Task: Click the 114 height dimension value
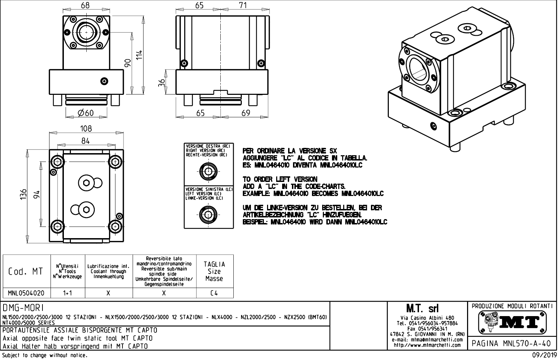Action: coord(139,54)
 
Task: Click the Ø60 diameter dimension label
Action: coord(86,113)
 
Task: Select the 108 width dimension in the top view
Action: coord(86,129)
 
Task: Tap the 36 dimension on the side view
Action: coord(162,83)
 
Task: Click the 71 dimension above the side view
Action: coord(242,5)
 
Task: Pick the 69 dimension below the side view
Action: coord(246,113)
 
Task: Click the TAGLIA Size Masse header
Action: coord(214,271)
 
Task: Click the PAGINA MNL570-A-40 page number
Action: coord(512,343)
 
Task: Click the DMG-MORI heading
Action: coord(23,308)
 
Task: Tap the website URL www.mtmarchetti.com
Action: coord(427,345)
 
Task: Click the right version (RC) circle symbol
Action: coord(208,172)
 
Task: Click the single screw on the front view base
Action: coord(104,81)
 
